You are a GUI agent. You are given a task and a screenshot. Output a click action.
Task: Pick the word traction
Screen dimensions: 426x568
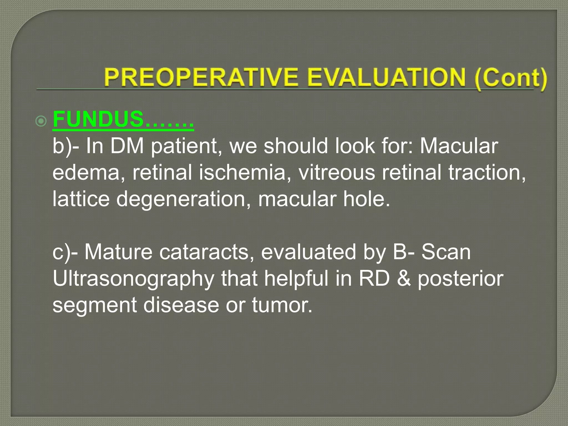coord(487,172)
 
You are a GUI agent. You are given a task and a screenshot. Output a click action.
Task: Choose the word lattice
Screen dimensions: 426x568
coord(81,199)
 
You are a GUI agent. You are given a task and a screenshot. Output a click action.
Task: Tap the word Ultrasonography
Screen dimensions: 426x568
coord(133,279)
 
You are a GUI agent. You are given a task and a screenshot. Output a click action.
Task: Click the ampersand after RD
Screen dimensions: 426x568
coord(404,279)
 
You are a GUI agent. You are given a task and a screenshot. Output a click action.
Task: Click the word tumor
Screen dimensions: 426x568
coord(282,305)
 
